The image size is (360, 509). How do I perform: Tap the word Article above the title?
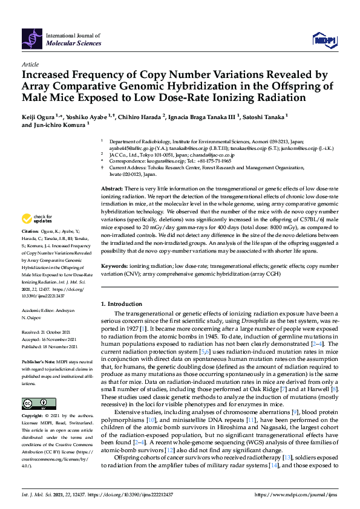click(30, 64)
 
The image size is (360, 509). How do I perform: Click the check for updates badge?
click(36, 219)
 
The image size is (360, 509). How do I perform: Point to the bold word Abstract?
click(112, 189)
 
